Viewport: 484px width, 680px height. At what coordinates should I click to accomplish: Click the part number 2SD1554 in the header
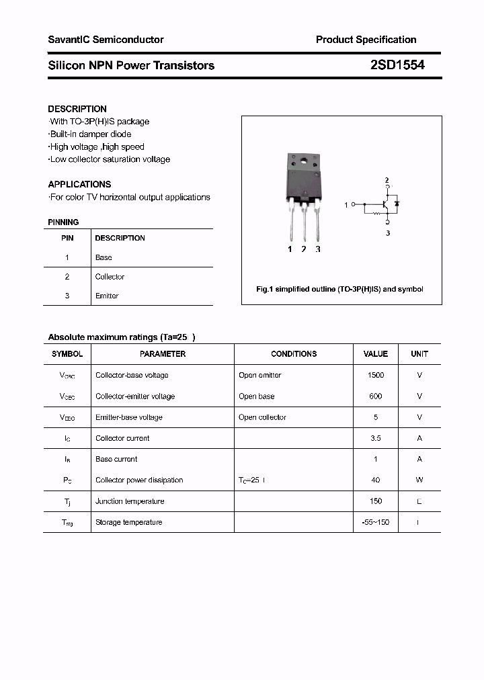tap(397, 65)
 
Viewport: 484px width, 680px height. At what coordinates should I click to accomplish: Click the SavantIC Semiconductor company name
tap(106, 40)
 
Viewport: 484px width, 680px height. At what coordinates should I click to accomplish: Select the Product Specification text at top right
tap(366, 40)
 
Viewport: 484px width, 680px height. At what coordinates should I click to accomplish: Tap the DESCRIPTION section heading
tap(77, 109)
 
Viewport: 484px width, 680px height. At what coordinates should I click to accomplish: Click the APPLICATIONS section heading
tap(79, 184)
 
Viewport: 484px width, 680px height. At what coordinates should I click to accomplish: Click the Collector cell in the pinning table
tap(110, 277)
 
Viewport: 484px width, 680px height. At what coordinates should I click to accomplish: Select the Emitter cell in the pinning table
tap(107, 296)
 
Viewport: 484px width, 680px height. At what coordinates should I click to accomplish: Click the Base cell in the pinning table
tap(104, 257)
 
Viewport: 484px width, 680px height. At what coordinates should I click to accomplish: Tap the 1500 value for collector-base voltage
tap(376, 375)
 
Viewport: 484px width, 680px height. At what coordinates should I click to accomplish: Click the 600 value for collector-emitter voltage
tap(376, 396)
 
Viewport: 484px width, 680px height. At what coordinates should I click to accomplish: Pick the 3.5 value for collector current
tap(376, 438)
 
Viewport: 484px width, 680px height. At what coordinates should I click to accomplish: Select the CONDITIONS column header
tap(294, 353)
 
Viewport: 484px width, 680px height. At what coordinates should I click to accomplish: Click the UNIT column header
tap(419, 353)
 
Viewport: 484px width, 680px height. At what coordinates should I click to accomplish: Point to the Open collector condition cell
tap(262, 417)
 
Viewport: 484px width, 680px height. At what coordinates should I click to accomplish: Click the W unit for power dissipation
tap(419, 480)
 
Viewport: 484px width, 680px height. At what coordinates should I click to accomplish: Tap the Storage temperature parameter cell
tap(128, 522)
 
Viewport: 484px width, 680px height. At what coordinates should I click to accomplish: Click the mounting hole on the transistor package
tap(304, 161)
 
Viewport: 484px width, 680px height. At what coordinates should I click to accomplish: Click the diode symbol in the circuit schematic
tap(397, 203)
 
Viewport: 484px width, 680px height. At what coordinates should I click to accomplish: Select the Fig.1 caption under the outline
tap(340, 289)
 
